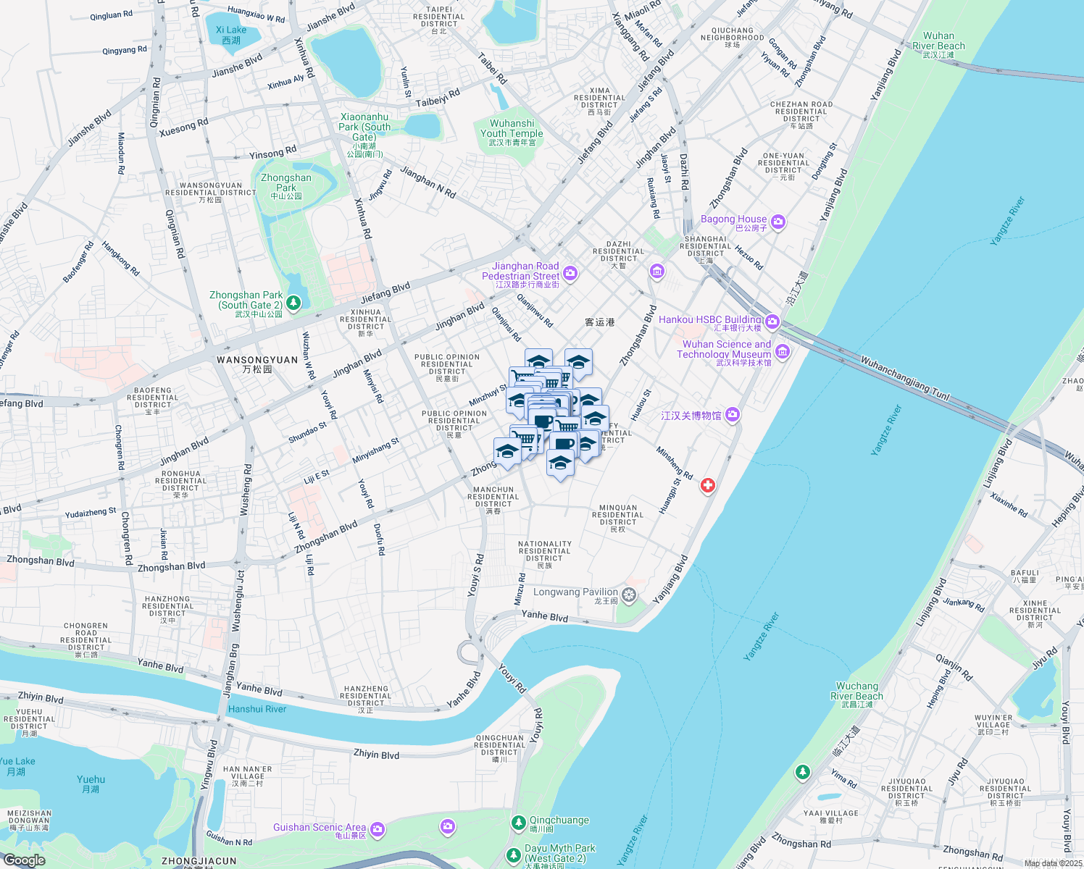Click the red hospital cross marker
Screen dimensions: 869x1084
708,486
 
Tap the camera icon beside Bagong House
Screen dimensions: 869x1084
778,222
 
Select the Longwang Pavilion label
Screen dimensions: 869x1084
575,592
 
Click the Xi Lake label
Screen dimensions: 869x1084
231,30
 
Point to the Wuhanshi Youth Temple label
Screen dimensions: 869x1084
512,129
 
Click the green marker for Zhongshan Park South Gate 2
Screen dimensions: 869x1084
293,303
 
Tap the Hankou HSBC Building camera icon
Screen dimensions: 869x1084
772,321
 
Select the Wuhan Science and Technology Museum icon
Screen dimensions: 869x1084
783,352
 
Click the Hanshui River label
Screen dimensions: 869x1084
257,709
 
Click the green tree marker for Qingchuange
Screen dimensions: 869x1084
518,822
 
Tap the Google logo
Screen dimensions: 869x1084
24,860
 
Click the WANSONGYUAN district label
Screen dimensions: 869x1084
257,360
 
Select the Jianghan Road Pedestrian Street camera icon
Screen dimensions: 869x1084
570,273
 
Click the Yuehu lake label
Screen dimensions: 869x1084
91,780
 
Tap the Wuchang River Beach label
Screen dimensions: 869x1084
856,691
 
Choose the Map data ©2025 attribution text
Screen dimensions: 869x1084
1053,863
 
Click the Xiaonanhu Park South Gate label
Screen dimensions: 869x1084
364,127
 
